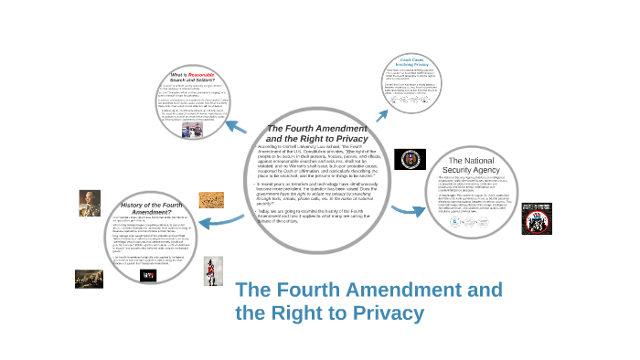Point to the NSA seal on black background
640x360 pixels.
[x=410, y=159]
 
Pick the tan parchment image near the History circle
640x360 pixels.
[x=212, y=199]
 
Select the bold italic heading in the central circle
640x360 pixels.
[x=316, y=133]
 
